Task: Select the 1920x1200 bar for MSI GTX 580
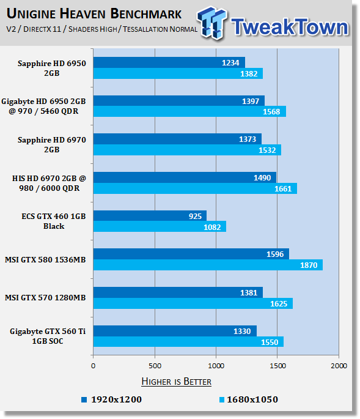(191, 254)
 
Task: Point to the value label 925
(195, 216)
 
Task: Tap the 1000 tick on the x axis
(216, 366)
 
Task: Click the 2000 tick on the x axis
(338, 366)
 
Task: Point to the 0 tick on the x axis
(93, 366)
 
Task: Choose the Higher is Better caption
(176, 382)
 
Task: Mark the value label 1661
(282, 188)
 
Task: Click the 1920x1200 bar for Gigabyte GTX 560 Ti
(175, 331)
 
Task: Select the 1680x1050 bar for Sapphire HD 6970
(186, 150)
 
